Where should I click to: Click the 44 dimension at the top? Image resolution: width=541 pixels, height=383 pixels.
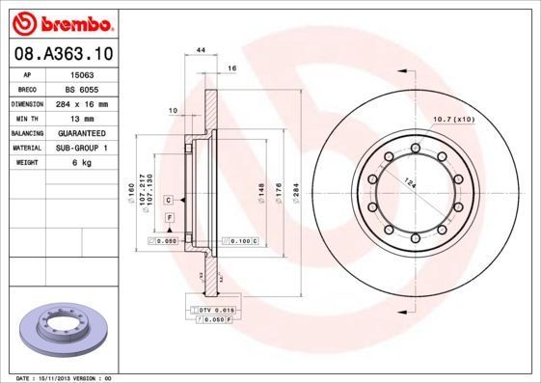click(x=202, y=49)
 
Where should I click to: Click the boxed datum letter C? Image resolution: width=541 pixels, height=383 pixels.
click(x=169, y=199)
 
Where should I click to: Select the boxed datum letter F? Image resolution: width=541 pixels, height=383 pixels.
click(x=169, y=220)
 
